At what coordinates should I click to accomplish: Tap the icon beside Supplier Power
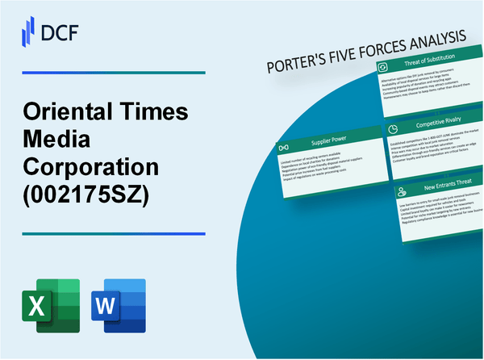(x=283, y=149)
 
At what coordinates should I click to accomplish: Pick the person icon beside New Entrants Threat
(x=401, y=192)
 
